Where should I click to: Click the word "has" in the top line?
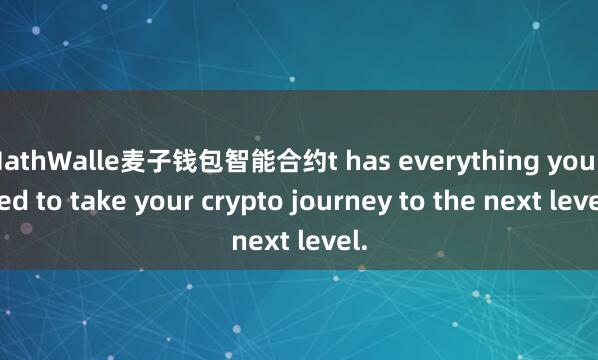(x=374, y=160)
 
